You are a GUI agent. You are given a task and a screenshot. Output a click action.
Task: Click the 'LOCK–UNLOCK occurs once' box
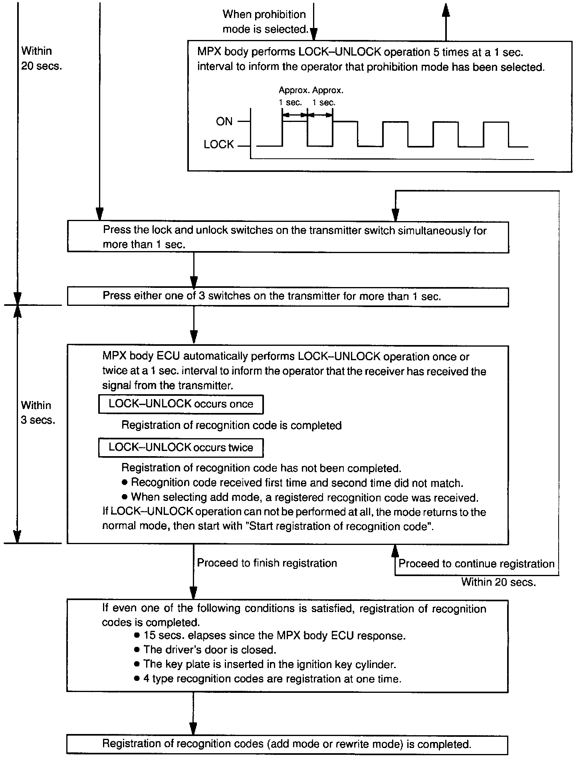[180, 404]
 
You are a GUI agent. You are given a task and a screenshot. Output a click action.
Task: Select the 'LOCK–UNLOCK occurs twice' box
[180, 447]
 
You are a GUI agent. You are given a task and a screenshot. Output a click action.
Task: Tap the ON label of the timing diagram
[224, 122]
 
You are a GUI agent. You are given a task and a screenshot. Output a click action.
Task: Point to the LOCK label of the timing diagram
[218, 145]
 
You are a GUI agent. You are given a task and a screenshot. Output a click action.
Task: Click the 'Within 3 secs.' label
[38, 413]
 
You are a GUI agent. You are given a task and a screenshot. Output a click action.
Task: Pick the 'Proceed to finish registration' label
[267, 563]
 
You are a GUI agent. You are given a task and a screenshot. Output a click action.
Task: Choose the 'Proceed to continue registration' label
[476, 564]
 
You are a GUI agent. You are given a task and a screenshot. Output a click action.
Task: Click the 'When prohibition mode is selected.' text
[264, 22]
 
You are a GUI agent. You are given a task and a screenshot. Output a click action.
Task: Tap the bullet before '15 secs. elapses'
[137, 635]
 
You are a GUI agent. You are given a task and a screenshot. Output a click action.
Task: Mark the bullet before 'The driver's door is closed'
[137, 650]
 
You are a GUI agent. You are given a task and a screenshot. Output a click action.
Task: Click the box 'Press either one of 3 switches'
[287, 297]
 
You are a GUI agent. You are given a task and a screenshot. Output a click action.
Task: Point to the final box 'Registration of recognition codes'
[287, 744]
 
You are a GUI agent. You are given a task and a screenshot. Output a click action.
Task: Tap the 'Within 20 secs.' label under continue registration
[498, 582]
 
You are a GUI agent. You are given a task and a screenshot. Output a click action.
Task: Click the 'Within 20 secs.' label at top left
[42, 58]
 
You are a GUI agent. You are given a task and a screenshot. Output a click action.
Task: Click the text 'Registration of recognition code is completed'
[231, 425]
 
